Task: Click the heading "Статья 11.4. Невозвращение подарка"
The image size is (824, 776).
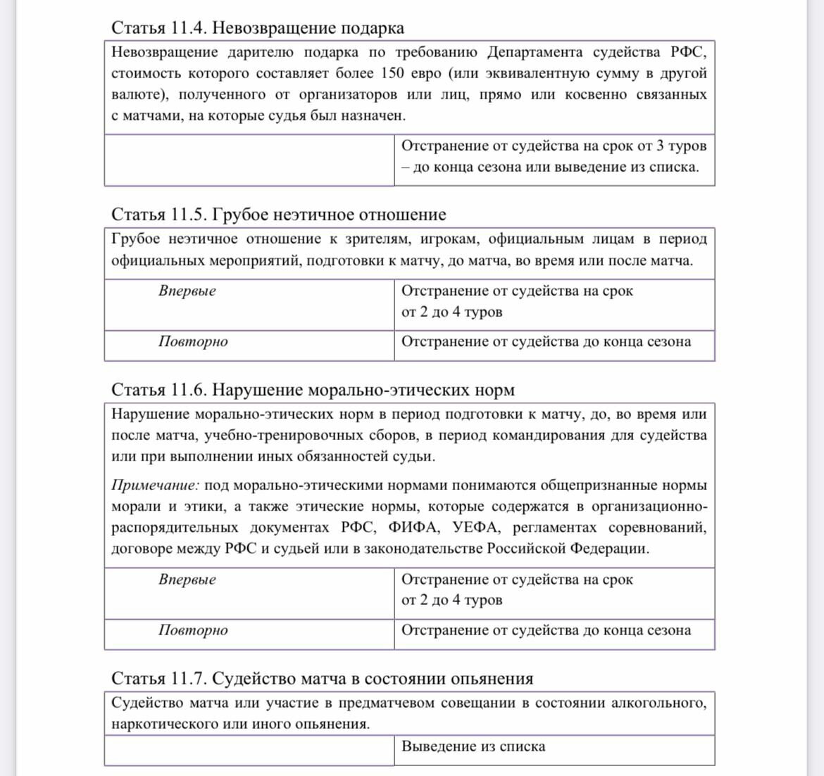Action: pos(258,28)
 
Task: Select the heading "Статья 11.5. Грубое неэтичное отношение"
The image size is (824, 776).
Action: pos(279,215)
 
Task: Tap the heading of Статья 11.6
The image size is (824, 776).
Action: pos(313,390)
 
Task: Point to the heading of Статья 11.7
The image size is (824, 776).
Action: pos(322,679)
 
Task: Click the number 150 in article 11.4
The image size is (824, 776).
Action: pos(392,74)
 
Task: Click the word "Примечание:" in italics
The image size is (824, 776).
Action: pos(156,486)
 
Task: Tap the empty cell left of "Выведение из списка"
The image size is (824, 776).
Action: pos(249,750)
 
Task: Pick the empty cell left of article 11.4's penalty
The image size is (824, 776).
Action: pos(249,160)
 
